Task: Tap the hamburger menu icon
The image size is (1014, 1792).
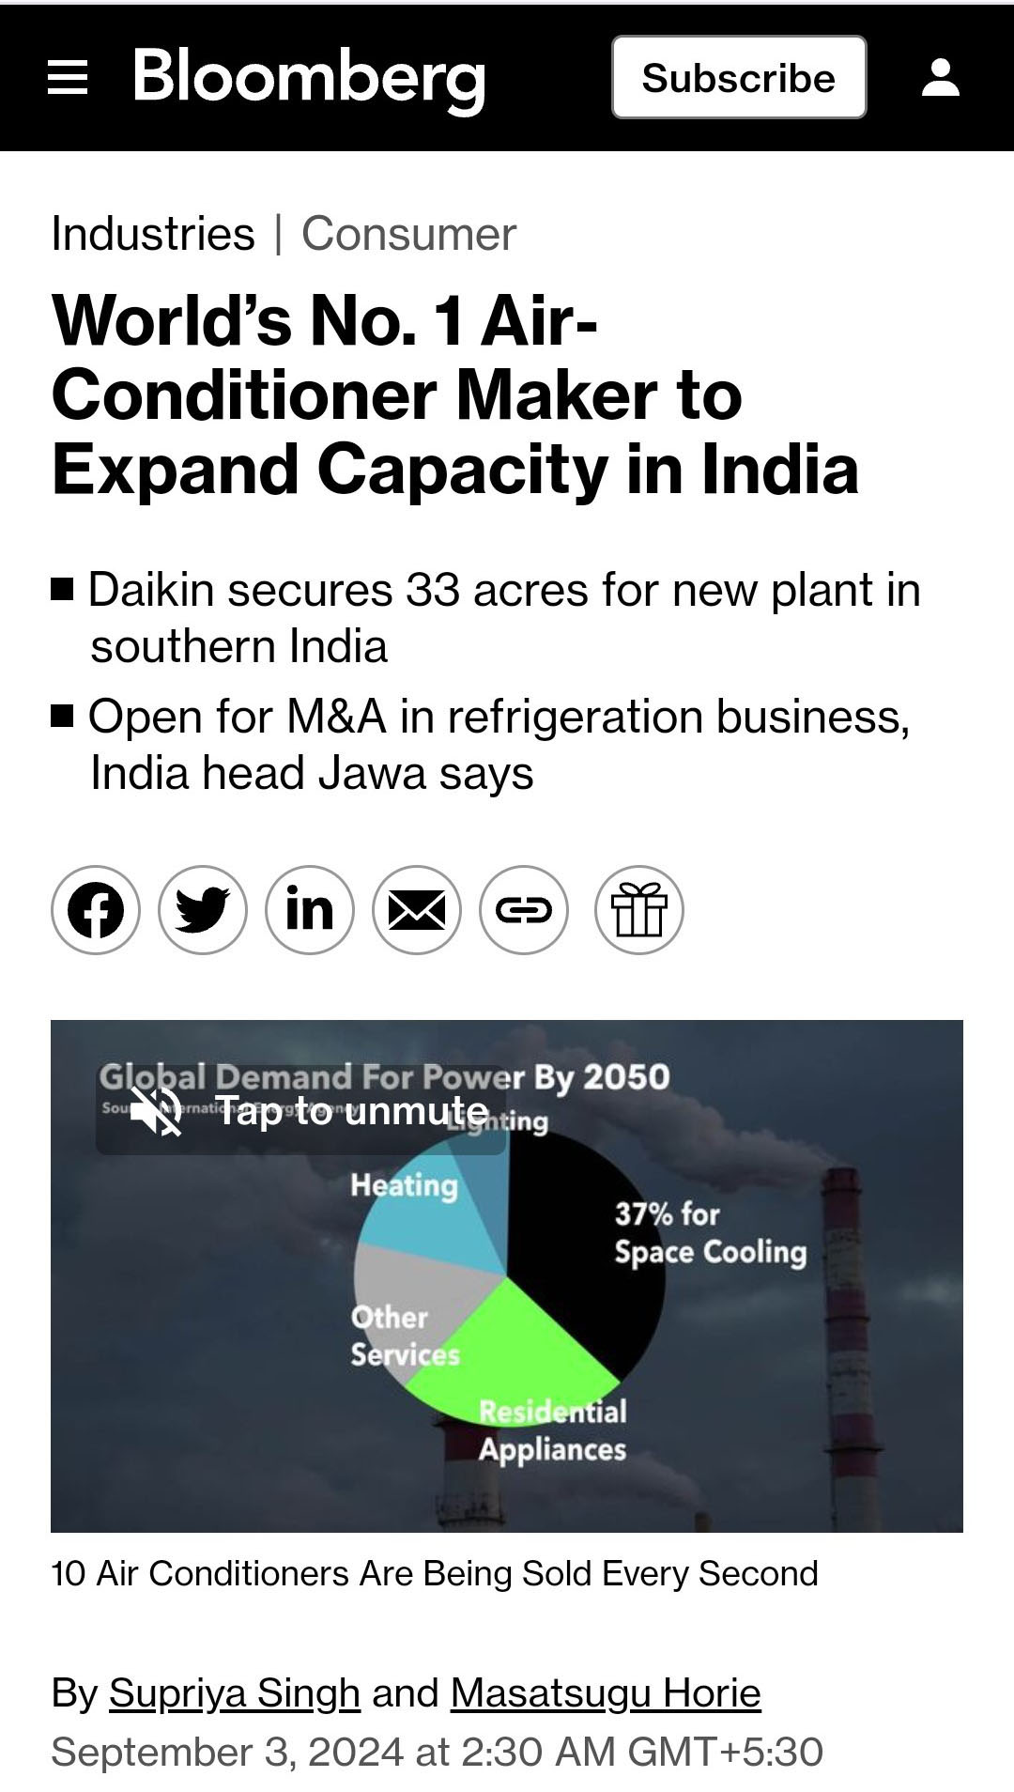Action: (68, 77)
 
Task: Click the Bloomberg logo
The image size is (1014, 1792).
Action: (309, 77)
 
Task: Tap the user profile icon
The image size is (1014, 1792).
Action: (940, 77)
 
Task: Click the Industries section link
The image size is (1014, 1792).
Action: (153, 234)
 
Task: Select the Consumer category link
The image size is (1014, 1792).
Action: (408, 234)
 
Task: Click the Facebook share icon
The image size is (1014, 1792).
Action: (96, 910)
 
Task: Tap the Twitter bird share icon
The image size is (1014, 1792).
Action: (203, 910)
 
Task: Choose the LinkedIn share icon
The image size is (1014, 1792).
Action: (310, 910)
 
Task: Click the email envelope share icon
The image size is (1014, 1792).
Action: (417, 910)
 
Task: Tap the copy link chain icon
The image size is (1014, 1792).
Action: (524, 910)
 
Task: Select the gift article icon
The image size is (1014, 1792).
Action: (639, 910)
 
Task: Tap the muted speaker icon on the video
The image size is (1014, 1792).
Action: (156, 1111)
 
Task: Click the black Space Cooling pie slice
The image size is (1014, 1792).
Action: (582, 1259)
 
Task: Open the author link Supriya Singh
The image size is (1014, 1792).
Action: (235, 1693)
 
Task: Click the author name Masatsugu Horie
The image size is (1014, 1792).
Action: (606, 1693)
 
